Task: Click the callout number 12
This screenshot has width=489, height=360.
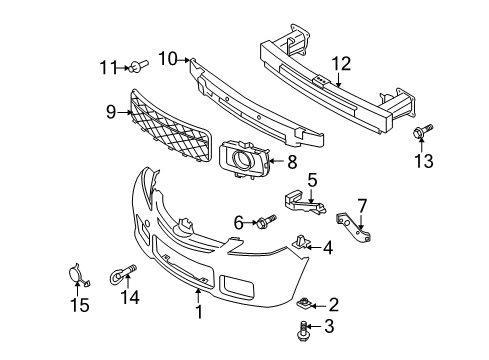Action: [x=341, y=64]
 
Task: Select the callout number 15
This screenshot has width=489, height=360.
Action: [x=80, y=305]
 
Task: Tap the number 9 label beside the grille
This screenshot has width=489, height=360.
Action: [x=111, y=112]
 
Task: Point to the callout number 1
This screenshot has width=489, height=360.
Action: [x=199, y=312]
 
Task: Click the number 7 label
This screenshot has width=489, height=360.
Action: [x=362, y=206]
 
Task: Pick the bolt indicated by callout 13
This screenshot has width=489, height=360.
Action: [x=422, y=131]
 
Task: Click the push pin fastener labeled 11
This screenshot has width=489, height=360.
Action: [x=139, y=65]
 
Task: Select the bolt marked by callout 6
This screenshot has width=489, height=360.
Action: [x=267, y=221]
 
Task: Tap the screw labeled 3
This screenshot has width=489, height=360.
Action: [x=302, y=331]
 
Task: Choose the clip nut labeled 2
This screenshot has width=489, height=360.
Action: [x=304, y=304]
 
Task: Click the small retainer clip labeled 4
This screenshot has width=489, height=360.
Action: [x=301, y=242]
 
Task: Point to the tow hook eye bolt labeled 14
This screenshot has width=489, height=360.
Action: [x=123, y=273]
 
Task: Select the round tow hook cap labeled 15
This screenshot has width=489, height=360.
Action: [x=77, y=275]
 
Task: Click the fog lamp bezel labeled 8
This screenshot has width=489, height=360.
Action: [x=244, y=159]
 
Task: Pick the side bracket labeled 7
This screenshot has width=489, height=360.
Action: [x=354, y=227]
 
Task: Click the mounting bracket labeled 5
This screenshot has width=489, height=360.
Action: [x=305, y=202]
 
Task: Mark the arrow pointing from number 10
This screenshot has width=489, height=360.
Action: [x=184, y=60]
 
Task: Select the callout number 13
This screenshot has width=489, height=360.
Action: [x=424, y=161]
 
